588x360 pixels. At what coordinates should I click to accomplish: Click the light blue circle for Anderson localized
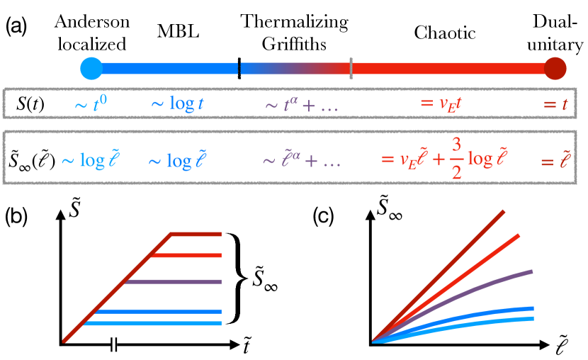tap(91, 69)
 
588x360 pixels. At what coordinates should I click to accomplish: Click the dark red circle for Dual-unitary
tap(556, 69)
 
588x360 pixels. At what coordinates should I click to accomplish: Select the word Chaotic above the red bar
tap(444, 33)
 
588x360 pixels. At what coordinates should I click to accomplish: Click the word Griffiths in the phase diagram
tap(295, 43)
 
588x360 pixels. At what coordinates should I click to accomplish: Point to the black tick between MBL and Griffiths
tap(239, 69)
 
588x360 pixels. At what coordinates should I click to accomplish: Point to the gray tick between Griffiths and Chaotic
tap(351, 69)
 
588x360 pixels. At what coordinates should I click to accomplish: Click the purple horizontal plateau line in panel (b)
tap(174, 282)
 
